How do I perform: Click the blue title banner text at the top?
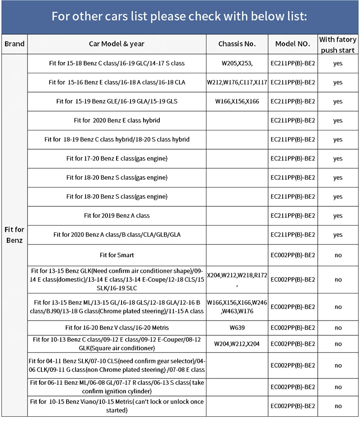click(x=179, y=17)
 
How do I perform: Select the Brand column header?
click(x=14, y=44)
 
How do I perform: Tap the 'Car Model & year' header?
click(x=117, y=44)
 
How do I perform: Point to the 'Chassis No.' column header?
click(x=237, y=44)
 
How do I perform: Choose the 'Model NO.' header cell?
click(x=292, y=44)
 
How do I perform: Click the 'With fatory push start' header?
click(x=337, y=45)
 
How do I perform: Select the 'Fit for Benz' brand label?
click(x=14, y=235)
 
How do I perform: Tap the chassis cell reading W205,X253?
click(x=237, y=63)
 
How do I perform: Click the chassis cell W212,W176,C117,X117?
click(x=237, y=82)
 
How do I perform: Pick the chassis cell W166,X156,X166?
click(x=237, y=102)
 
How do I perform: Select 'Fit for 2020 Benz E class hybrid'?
click(x=117, y=120)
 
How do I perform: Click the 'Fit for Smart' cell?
click(x=117, y=255)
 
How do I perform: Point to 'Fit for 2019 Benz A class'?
click(x=117, y=216)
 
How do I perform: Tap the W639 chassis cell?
click(x=237, y=328)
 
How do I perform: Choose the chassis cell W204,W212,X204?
click(x=237, y=344)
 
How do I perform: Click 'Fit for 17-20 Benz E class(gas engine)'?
click(x=117, y=158)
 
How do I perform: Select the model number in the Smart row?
click(x=292, y=255)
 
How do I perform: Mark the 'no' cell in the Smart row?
click(x=338, y=255)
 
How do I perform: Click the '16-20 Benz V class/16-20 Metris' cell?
click(x=117, y=328)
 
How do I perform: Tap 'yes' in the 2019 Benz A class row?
click(x=338, y=216)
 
